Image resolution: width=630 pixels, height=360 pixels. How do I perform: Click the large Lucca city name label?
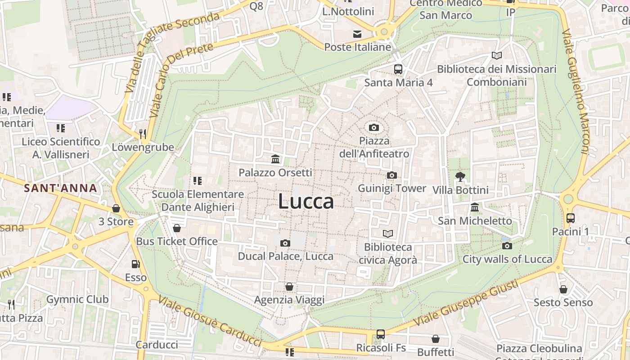[306, 201]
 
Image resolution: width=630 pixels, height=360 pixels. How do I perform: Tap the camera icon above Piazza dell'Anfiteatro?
[373, 127]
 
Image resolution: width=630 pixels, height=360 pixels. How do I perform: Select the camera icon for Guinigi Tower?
[391, 175]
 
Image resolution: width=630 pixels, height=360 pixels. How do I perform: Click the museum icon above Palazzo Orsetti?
[275, 159]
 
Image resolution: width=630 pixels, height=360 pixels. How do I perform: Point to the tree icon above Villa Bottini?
[460, 176]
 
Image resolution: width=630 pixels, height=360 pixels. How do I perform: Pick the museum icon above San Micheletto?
[475, 207]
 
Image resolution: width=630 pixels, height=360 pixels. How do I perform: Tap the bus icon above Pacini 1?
[571, 218]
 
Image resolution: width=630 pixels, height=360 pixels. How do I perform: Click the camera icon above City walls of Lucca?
[507, 246]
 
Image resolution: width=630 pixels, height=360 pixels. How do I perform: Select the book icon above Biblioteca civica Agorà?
[388, 234]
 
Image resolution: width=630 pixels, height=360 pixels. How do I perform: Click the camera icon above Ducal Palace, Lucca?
[285, 243]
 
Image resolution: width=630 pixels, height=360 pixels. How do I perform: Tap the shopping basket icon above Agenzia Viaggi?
[289, 287]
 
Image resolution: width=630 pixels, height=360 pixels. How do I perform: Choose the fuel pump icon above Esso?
[135, 264]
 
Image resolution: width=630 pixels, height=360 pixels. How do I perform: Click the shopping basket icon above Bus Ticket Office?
[177, 228]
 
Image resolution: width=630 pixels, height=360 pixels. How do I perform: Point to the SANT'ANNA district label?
[61, 188]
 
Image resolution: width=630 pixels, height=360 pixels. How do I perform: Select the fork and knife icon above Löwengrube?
[143, 134]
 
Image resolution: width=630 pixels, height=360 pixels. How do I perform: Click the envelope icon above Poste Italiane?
[357, 34]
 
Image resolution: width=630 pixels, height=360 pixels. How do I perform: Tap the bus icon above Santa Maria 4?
[398, 69]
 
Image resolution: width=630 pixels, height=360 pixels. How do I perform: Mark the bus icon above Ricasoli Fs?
[381, 334]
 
